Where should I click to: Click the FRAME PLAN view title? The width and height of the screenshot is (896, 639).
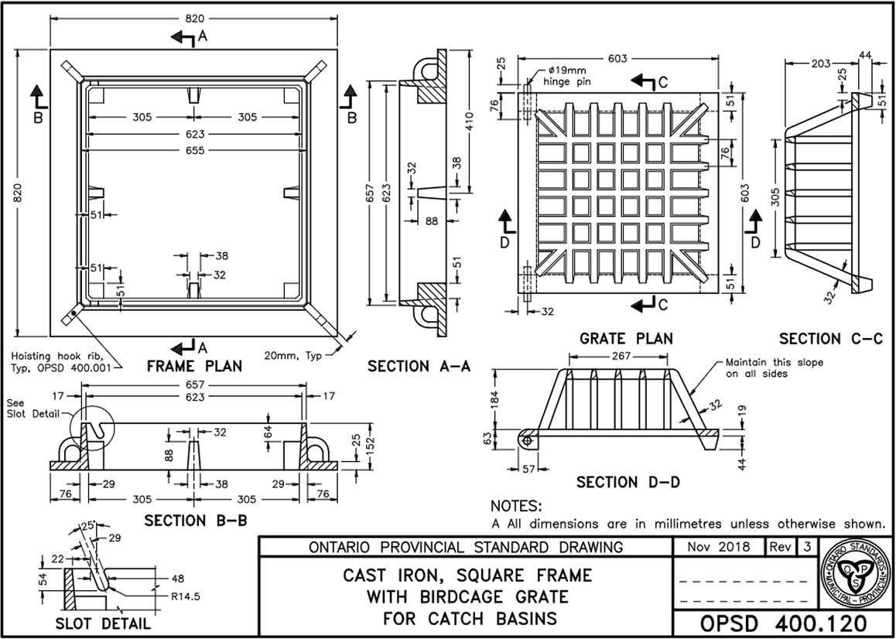click(194, 366)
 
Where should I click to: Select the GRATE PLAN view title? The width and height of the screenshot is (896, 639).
click(627, 338)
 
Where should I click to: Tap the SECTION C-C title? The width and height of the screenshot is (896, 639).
click(831, 338)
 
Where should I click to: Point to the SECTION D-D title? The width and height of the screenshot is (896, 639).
click(628, 482)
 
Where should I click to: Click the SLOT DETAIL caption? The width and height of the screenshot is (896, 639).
click(103, 624)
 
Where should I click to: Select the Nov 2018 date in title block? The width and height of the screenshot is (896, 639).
click(719, 547)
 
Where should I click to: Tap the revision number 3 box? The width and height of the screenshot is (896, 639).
click(808, 547)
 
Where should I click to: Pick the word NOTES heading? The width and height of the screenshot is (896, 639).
click(517, 506)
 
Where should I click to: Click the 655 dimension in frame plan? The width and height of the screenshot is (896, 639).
click(194, 151)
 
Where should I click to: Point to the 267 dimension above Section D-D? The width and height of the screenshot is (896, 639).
click(619, 357)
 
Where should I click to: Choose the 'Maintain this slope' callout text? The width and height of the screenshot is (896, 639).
click(774, 368)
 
